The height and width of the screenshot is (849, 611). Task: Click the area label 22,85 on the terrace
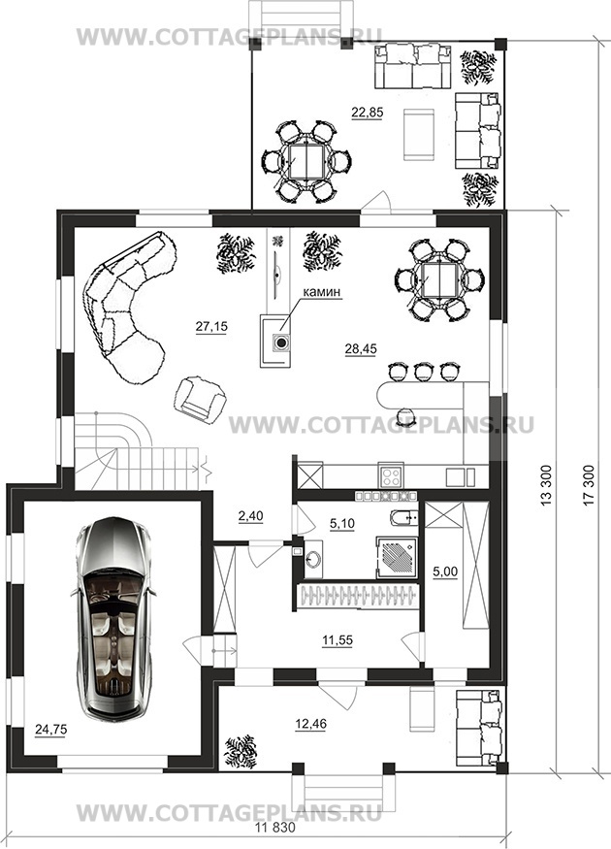367,113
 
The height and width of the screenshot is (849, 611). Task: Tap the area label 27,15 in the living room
211,326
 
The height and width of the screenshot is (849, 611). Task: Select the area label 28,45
361,348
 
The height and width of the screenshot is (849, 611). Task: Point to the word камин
321,292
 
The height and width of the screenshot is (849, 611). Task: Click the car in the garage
113,618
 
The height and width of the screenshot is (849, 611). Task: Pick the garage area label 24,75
50,730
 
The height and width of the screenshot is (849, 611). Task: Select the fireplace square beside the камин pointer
275,342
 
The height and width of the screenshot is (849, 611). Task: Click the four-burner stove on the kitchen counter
391,476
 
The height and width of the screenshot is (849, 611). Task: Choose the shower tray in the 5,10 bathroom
398,557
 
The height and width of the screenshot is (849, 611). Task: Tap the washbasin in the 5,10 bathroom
312,557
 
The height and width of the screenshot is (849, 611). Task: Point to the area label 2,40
250,516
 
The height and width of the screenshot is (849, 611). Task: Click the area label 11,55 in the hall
338,640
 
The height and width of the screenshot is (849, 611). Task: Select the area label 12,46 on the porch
311,724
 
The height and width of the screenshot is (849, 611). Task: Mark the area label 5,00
446,571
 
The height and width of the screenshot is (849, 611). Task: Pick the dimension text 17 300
589,485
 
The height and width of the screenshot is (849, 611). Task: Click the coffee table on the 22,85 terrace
419,134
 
